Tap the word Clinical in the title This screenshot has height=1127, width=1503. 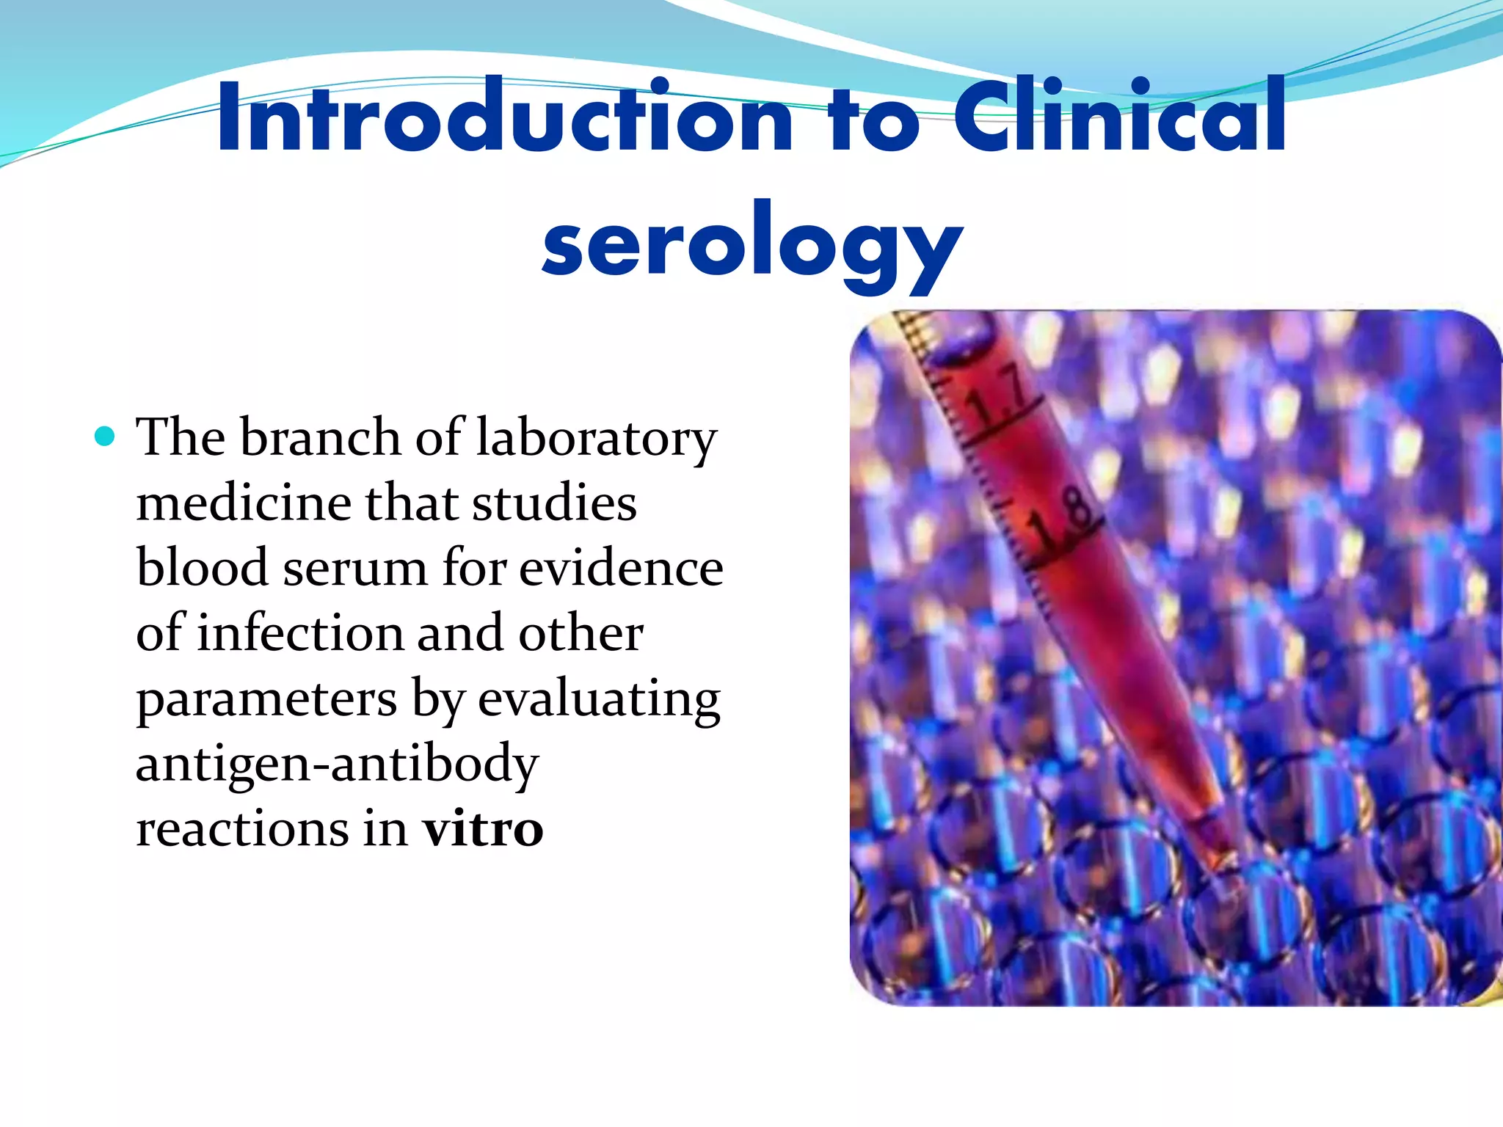(1118, 117)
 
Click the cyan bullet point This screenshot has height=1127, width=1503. (106, 437)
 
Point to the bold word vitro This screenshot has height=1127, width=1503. (482, 829)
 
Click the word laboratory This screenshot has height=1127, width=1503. (596, 438)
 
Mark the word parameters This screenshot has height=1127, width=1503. (266, 699)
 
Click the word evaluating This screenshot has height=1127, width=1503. (599, 699)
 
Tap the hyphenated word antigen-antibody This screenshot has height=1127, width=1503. (338, 764)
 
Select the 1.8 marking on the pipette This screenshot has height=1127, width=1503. (1060, 521)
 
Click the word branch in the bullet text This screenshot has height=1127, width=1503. (321, 437)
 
